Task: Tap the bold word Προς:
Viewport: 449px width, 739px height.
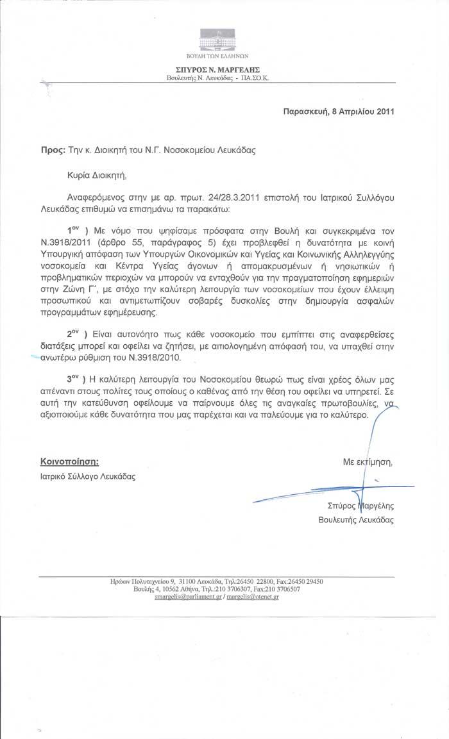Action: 53,151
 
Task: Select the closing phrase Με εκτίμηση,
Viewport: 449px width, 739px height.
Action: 368,461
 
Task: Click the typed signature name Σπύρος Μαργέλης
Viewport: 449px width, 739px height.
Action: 356,506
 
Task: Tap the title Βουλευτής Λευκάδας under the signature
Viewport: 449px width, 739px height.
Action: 356,520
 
